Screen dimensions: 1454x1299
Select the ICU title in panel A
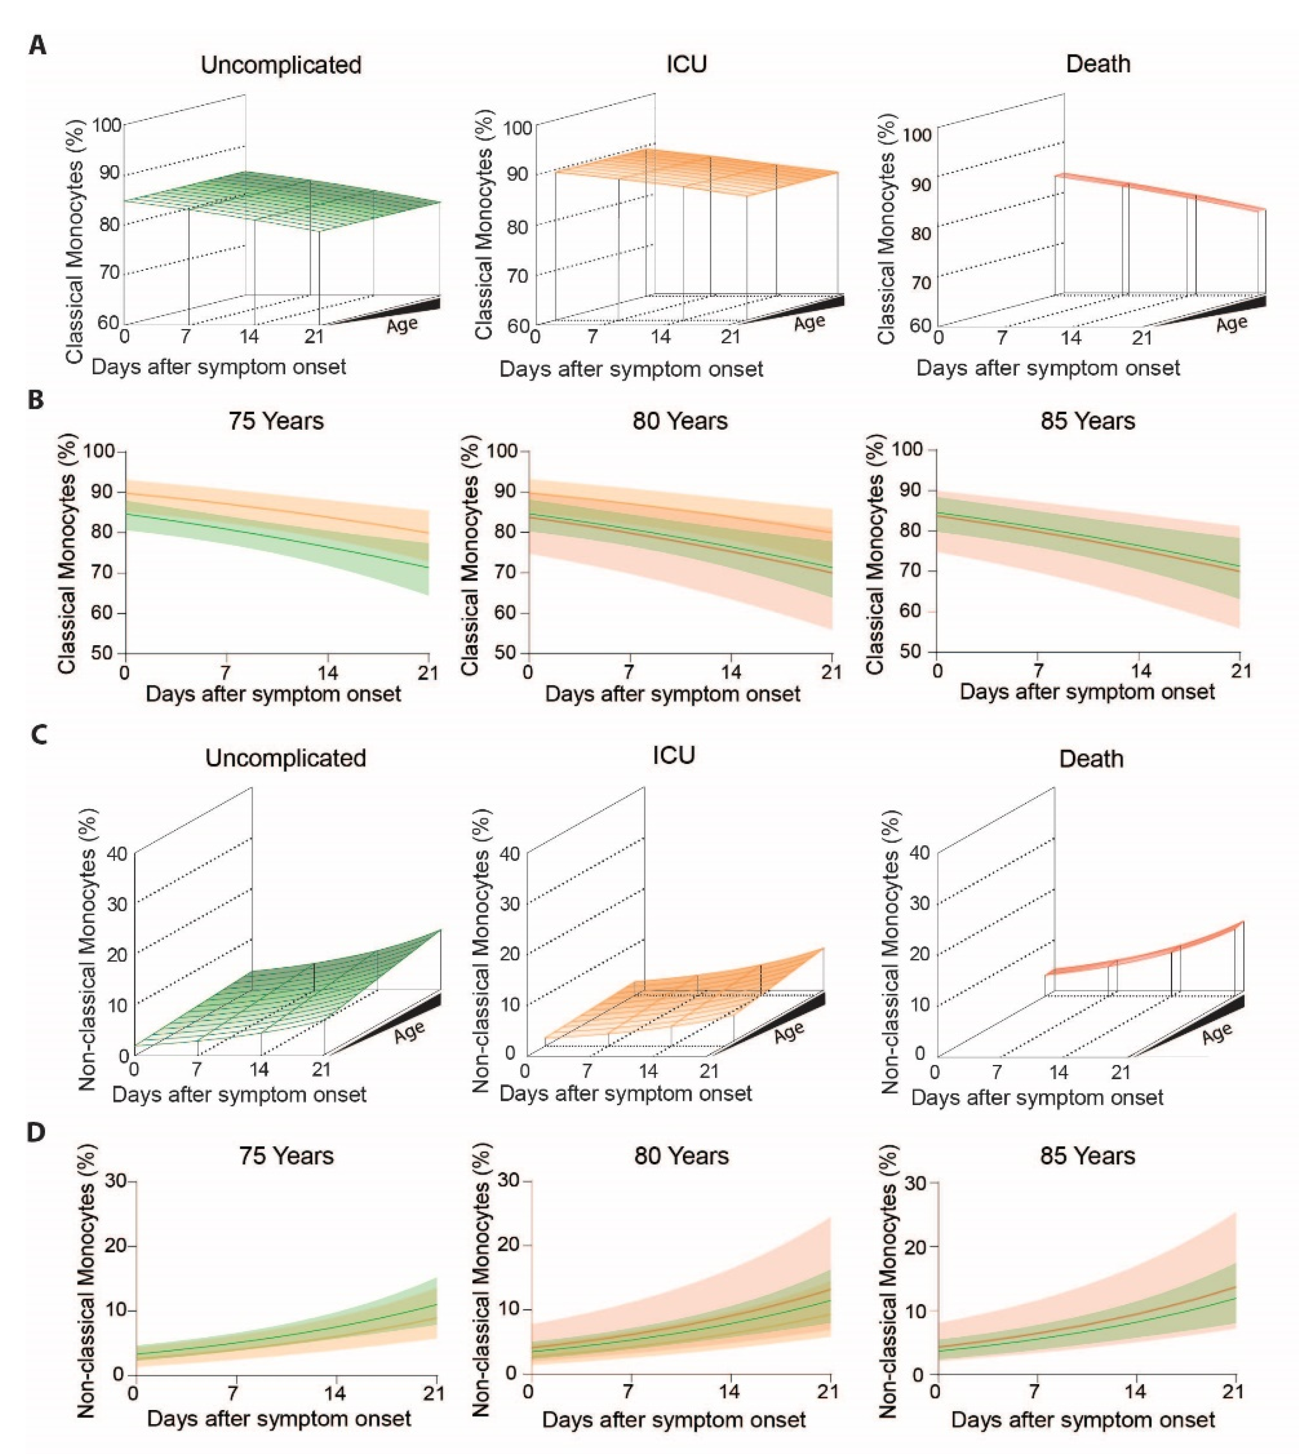(x=687, y=64)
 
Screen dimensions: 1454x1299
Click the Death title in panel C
(x=1091, y=758)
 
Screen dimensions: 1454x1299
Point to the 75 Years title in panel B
(x=276, y=421)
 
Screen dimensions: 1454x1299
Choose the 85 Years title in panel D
(x=1087, y=1156)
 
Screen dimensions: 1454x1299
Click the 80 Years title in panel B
(x=680, y=421)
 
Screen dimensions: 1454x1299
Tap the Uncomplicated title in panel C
(x=285, y=758)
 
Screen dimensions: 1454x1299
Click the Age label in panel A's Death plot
(x=1232, y=324)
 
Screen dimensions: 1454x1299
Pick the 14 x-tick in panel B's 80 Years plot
(x=730, y=672)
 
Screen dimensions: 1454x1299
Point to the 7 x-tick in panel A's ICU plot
(x=593, y=336)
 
